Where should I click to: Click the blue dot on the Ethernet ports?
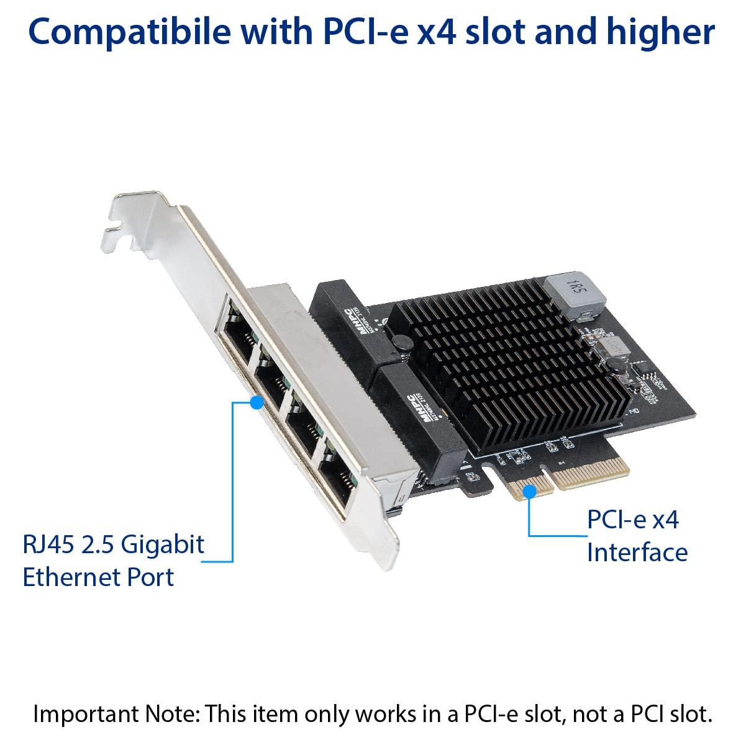point(255,402)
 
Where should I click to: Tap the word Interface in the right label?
point(637,552)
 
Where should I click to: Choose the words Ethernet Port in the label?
point(98,577)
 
